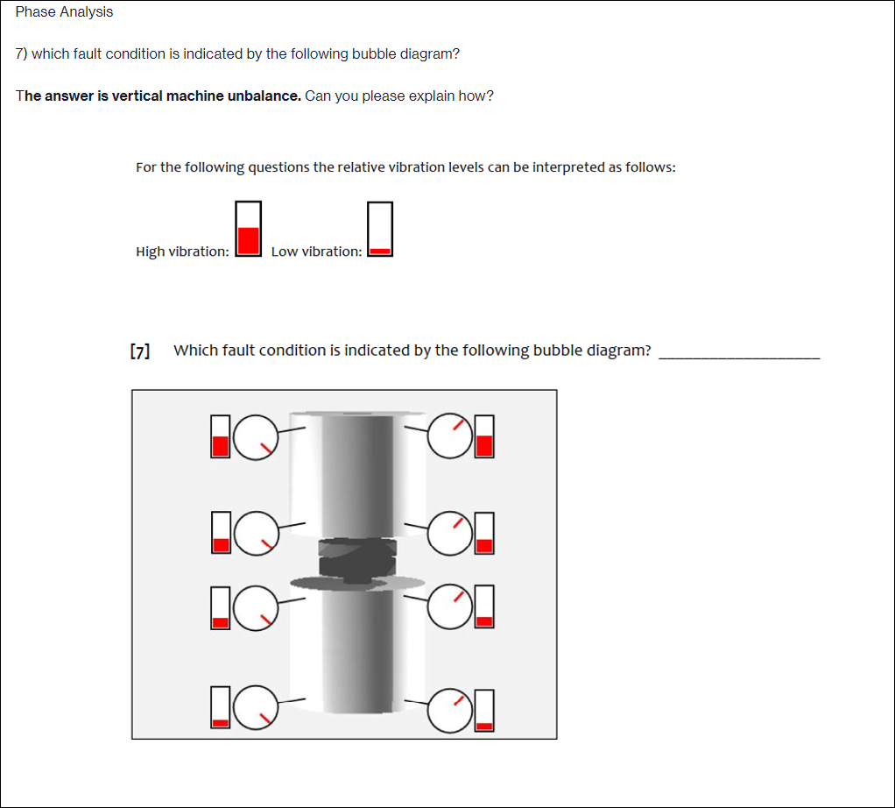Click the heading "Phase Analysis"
(64, 12)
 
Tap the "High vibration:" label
(182, 252)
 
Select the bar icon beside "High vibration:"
(249, 228)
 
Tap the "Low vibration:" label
(316, 252)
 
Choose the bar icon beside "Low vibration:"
(380, 229)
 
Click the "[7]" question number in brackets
(139, 351)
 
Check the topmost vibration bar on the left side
(221, 436)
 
